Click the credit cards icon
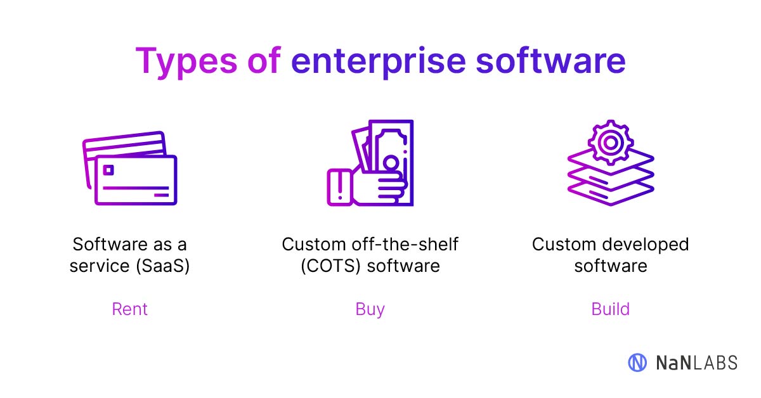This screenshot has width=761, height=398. pos(130,168)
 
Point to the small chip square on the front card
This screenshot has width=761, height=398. pos(108,170)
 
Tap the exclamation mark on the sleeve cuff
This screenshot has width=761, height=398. pos(340,186)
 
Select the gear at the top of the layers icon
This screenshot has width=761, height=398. pos(609,143)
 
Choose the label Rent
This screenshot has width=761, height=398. pos(129,309)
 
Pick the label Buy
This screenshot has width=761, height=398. pos(370,309)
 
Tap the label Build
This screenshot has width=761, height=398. pos(610,309)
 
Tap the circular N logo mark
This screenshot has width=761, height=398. pos(637,362)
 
